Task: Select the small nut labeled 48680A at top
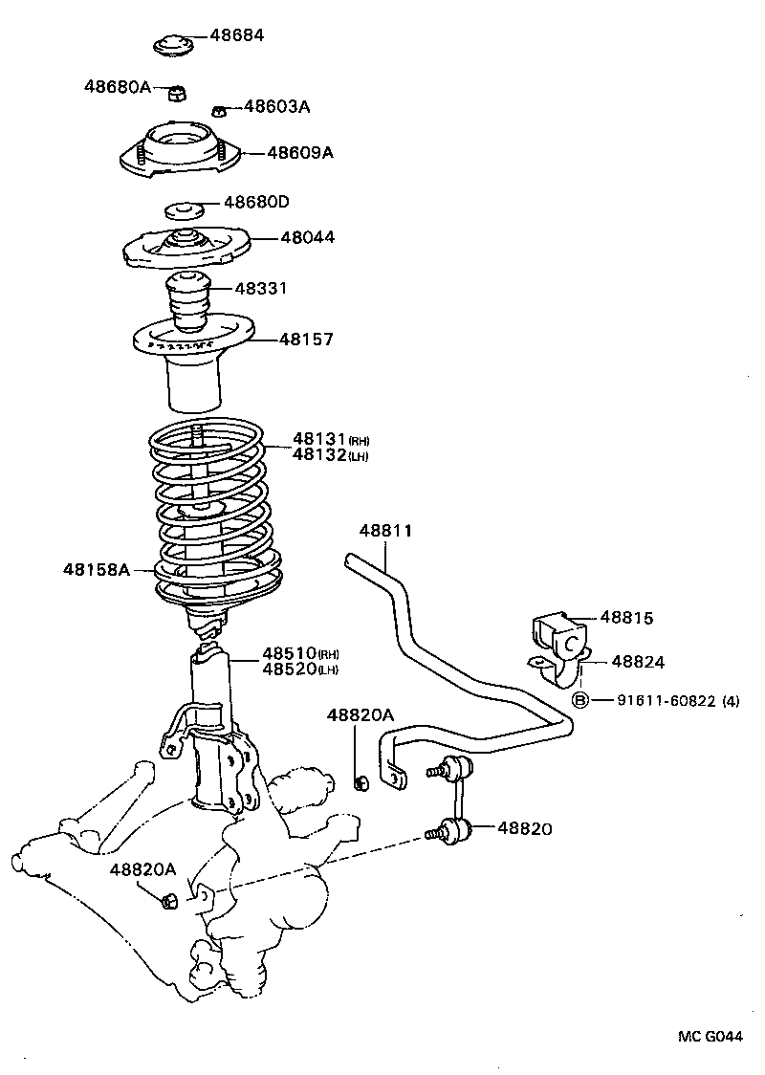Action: pos(176,93)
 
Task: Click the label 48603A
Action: pos(276,107)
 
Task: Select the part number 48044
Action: pos(307,237)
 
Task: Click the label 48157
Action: pos(306,339)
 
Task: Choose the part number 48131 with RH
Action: pos(318,440)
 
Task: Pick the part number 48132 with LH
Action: pos(318,455)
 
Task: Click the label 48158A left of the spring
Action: pos(97,569)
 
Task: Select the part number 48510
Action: pos(289,653)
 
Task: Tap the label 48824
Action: pos(639,661)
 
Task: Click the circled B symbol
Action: pos(579,701)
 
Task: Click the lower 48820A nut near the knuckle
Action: pos(169,900)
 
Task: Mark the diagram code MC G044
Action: pos(710,1037)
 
